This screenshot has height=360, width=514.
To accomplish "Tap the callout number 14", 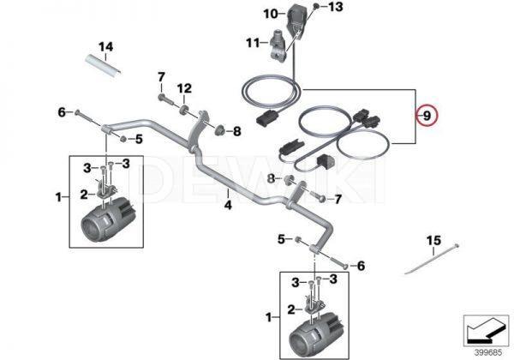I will coord(105,45).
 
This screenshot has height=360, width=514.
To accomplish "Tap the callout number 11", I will coord(252,42).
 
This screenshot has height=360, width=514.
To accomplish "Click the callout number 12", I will coord(184,88).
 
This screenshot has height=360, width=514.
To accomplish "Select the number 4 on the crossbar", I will coord(228,205).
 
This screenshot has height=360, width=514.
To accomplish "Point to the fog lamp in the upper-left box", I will coord(105,219).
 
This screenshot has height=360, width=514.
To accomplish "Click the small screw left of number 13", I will coord(316,8).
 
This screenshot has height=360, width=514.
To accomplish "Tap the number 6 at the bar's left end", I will coord(62,111).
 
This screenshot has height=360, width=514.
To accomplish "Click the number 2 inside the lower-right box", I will coord(290,307).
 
